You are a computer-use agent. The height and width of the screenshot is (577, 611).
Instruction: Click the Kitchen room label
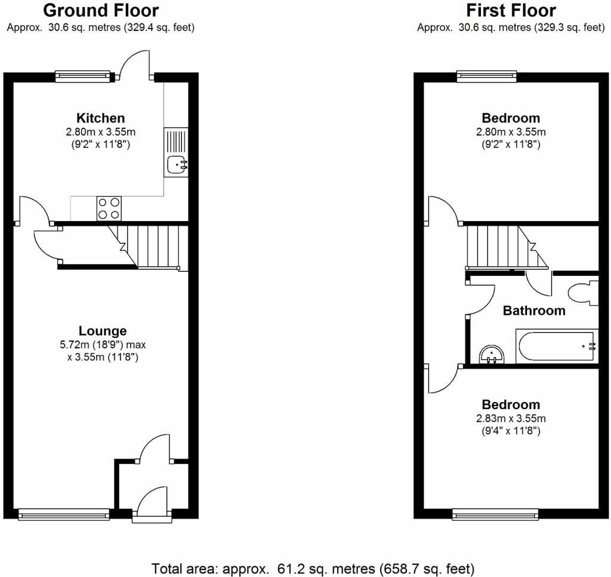[100, 118]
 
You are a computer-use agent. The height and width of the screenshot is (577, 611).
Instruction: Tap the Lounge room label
[103, 331]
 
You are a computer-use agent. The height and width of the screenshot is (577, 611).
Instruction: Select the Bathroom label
[534, 311]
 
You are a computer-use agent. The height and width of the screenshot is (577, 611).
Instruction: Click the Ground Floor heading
[101, 11]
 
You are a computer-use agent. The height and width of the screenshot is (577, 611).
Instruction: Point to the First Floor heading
[511, 11]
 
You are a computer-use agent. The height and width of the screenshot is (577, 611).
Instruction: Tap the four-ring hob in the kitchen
[109, 208]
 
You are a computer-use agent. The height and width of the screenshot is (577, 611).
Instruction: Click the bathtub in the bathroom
[557, 346]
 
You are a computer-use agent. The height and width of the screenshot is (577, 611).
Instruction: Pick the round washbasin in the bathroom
[492, 354]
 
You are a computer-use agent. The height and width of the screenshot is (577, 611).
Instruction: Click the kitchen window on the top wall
[83, 76]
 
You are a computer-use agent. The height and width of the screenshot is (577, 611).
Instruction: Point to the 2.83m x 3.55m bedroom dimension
[511, 418]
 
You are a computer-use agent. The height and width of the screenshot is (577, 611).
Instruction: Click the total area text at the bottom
[313, 569]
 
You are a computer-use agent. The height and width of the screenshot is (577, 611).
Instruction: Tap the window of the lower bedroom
[495, 514]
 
